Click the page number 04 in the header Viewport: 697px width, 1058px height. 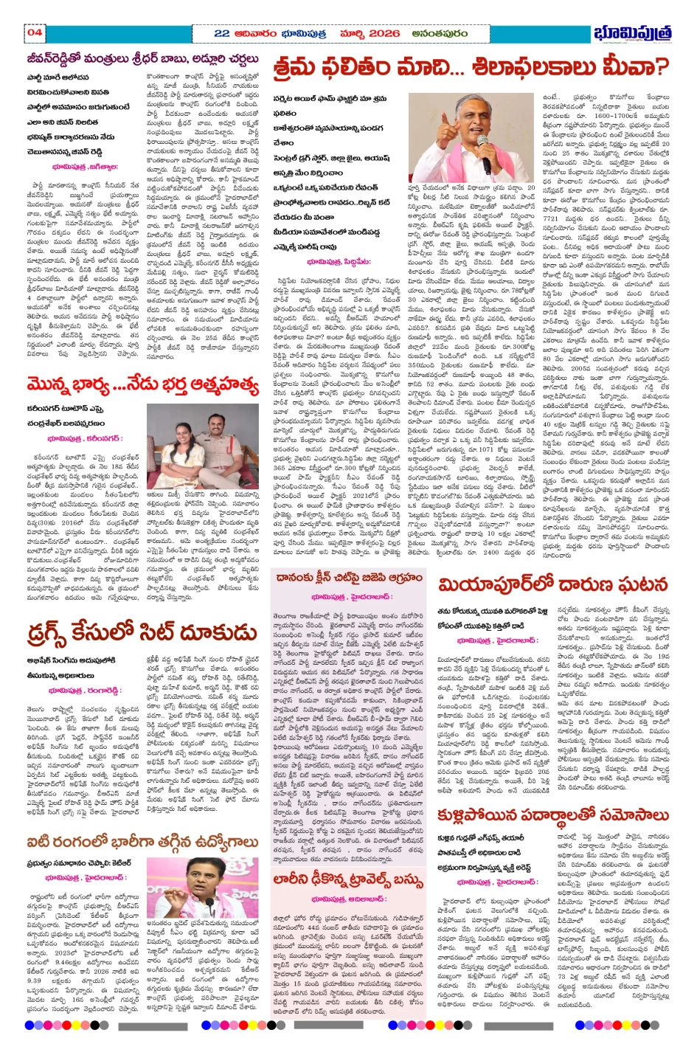tap(35, 32)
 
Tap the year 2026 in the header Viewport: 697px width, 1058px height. tap(384, 33)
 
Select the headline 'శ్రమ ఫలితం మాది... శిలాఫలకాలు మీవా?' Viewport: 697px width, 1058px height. tap(471, 68)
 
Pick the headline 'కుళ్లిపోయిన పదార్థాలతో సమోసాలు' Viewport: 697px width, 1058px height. tap(553, 815)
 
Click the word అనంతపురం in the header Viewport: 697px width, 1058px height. tap(440, 33)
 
